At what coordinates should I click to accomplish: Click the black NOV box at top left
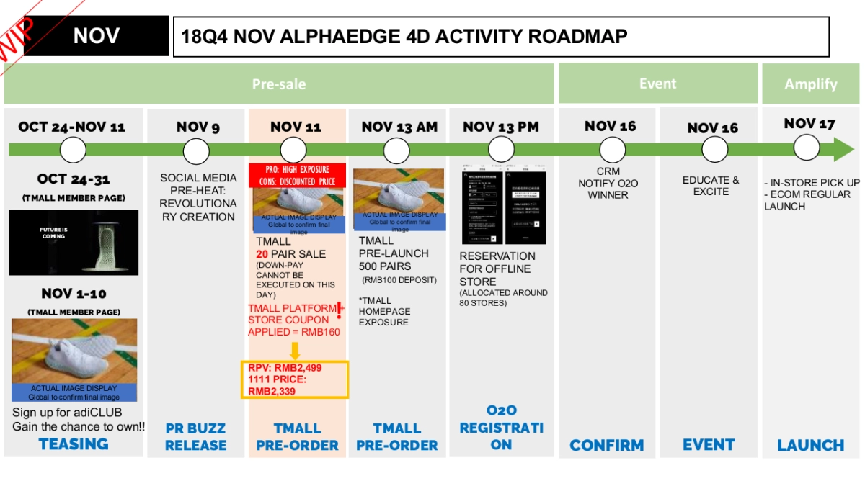click(96, 36)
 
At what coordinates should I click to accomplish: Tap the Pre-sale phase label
click(279, 84)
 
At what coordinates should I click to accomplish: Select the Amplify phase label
click(810, 84)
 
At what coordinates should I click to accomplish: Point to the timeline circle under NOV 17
click(807, 148)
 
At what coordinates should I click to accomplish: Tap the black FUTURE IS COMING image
click(74, 242)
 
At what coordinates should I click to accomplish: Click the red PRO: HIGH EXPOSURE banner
click(296, 175)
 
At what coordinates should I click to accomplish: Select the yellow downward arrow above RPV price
click(295, 351)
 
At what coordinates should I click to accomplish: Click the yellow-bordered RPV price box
click(295, 379)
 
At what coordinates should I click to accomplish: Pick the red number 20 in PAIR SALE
click(262, 254)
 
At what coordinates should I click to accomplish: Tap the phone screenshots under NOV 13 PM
click(502, 207)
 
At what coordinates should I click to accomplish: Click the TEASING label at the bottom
click(74, 444)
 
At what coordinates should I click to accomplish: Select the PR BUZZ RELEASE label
click(195, 436)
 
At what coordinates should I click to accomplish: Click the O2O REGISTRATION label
click(501, 427)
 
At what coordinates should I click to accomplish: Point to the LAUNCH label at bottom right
click(810, 445)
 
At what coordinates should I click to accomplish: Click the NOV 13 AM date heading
click(399, 127)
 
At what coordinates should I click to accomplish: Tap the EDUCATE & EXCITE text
click(710, 186)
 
